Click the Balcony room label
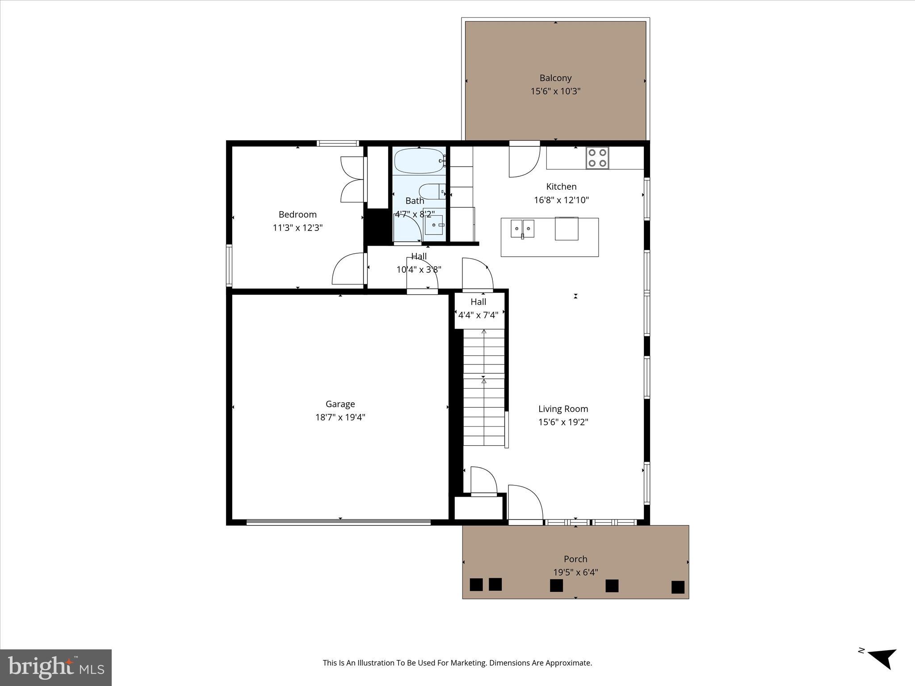point(555,78)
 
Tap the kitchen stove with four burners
point(597,158)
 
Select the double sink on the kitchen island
point(522,229)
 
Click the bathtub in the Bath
point(418,161)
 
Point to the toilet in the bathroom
point(432,192)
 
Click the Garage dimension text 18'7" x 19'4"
point(340,418)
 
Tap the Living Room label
point(563,409)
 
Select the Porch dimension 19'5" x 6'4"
point(575,572)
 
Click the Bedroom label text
point(298,214)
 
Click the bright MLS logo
point(56,667)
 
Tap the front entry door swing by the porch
point(525,502)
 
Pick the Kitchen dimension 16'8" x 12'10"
point(561,200)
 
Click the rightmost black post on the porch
point(678,587)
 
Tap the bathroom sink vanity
point(434,225)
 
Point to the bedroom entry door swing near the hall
point(348,269)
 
